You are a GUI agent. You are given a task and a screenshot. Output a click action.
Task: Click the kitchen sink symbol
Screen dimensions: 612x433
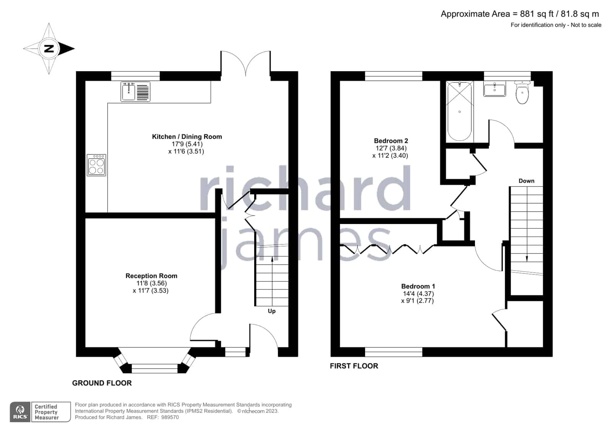(135, 92)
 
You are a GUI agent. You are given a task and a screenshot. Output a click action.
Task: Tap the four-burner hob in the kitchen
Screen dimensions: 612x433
(96, 165)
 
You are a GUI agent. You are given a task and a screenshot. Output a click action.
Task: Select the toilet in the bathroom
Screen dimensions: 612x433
(522, 92)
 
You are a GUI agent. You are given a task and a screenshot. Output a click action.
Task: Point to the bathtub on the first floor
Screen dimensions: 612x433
(460, 111)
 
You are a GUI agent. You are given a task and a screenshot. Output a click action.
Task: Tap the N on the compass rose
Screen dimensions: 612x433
(49, 49)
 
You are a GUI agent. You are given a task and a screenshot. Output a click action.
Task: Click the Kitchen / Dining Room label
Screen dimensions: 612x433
(187, 136)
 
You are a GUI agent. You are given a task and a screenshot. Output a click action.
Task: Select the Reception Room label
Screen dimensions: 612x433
(151, 276)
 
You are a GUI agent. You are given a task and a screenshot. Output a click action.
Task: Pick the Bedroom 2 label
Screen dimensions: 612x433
(391, 141)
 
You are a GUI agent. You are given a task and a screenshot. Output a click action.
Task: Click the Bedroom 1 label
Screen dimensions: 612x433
(418, 286)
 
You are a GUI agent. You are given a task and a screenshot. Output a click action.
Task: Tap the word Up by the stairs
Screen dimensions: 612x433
(272, 311)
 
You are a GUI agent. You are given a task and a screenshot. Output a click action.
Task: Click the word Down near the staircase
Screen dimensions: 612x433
(527, 181)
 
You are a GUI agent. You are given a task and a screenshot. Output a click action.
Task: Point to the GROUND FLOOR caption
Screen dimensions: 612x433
(102, 383)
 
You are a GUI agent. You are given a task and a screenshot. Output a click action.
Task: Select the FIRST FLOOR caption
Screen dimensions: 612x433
(354, 366)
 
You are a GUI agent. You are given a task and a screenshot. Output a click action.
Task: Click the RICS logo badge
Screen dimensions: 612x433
(20, 412)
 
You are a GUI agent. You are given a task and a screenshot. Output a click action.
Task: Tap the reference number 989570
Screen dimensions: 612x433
(170, 417)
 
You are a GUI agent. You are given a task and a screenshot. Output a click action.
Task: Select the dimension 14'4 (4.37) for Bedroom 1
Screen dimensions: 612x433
(418, 294)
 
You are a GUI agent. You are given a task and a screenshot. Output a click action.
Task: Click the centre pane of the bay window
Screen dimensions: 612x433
(155, 368)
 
